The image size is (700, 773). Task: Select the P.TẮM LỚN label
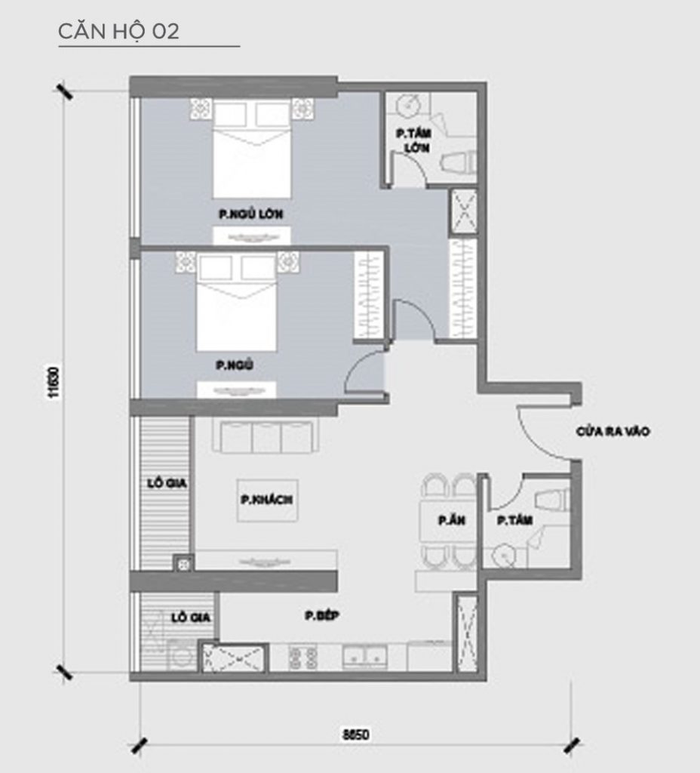[413, 140]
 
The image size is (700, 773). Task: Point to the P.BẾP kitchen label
[323, 617]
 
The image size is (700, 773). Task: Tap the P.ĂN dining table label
[445, 521]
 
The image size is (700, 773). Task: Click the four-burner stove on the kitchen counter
[302, 656]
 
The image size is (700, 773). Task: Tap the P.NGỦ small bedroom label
[234, 366]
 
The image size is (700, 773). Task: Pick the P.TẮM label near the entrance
[511, 521]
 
